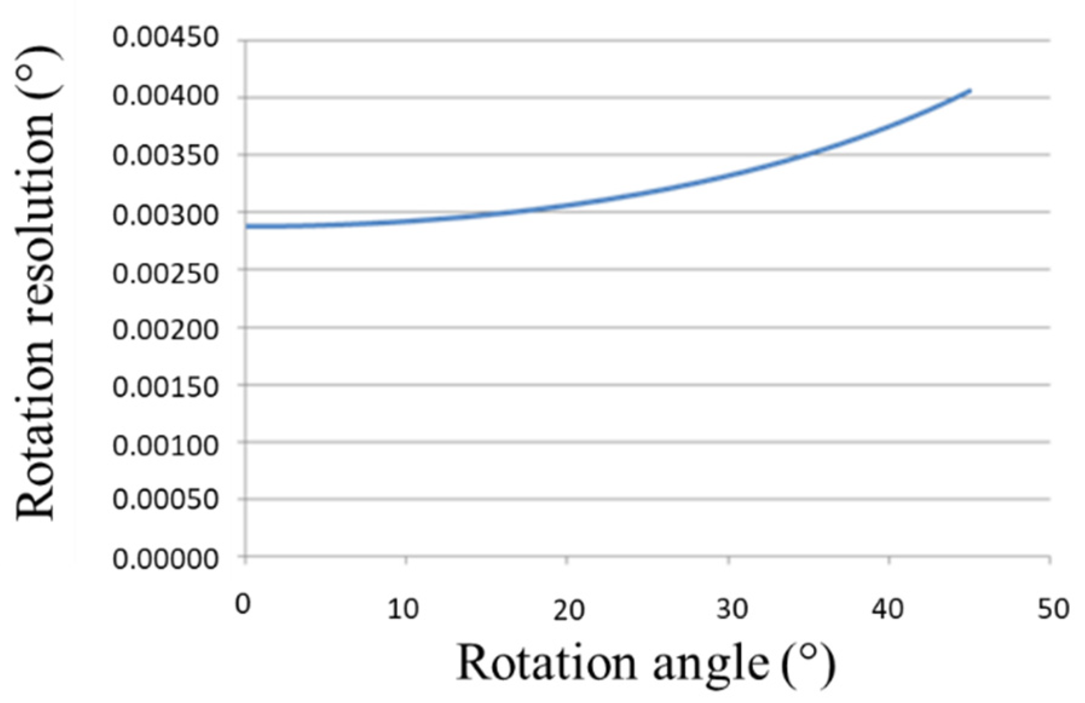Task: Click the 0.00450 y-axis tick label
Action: [165, 38]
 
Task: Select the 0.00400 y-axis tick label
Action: [165, 96]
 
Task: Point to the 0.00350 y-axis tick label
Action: [165, 155]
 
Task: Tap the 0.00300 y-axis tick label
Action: [165, 214]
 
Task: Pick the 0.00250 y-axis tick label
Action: [165, 273]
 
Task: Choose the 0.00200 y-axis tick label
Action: [165, 330]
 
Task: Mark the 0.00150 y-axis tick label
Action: [165, 387]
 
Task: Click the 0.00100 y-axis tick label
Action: [165, 445]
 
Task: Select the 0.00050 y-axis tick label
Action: [165, 500]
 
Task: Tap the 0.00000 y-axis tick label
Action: [165, 558]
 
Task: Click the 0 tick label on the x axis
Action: [243, 604]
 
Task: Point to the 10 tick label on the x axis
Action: [403, 609]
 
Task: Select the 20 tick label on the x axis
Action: [568, 610]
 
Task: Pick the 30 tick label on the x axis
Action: [732, 609]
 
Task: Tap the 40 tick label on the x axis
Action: [887, 609]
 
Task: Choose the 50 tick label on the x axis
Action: [1053, 609]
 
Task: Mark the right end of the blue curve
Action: [970, 91]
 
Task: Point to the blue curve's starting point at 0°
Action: [247, 226]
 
